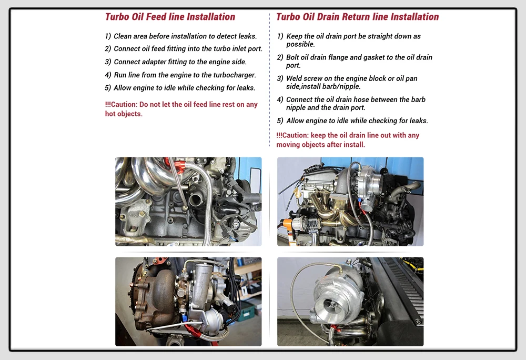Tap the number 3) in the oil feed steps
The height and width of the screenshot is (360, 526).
tap(108, 62)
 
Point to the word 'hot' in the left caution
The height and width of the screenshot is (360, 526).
tap(110, 114)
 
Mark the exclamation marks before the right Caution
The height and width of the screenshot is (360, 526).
tap(279, 135)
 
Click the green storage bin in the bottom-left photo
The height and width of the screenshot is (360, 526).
tap(247, 313)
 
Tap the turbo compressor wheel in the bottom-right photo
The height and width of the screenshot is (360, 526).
tap(331, 305)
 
